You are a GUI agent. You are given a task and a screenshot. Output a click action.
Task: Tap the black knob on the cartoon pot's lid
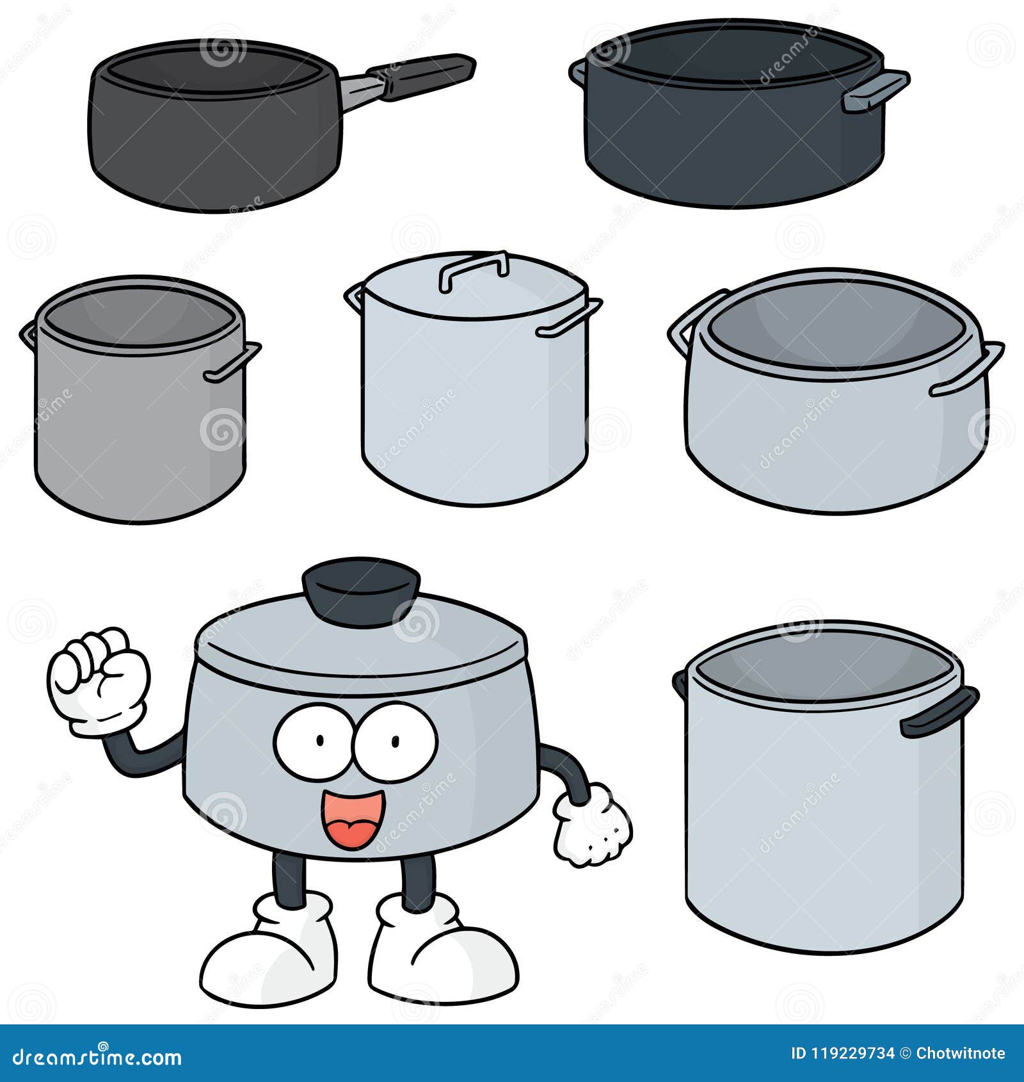(x=361, y=590)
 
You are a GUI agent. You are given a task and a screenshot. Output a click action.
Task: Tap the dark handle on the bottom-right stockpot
(x=938, y=713)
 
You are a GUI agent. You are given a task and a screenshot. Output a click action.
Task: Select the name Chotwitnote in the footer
(x=960, y=1053)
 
